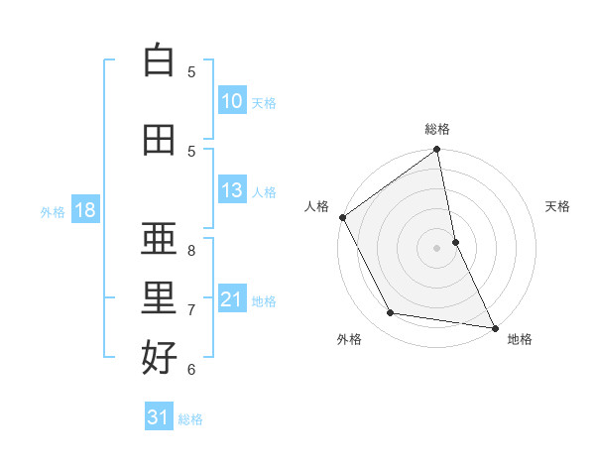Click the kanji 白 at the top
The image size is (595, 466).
pyautogui.click(x=159, y=60)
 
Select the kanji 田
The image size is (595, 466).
pyautogui.click(x=159, y=140)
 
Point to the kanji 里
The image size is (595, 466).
pyautogui.click(x=159, y=298)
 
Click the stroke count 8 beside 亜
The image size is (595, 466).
pyautogui.click(x=191, y=251)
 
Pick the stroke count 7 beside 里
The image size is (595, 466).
pyautogui.click(x=191, y=310)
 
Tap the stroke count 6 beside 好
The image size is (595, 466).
pyautogui.click(x=191, y=370)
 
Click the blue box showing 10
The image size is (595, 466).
pyautogui.click(x=232, y=101)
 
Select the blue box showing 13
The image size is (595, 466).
pyautogui.click(x=232, y=190)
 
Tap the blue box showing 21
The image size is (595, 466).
pyautogui.click(x=232, y=299)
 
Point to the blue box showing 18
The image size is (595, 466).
pyautogui.click(x=84, y=210)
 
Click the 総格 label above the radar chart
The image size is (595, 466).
pyautogui.click(x=437, y=129)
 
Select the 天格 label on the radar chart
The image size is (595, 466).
pyautogui.click(x=558, y=206)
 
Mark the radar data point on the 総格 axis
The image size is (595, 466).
pyautogui.click(x=437, y=151)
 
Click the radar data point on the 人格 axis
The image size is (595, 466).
pyautogui.click(x=342, y=217)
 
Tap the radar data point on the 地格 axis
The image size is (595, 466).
pyautogui.click(x=495, y=327)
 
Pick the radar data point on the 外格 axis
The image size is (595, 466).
pyautogui.click(x=391, y=313)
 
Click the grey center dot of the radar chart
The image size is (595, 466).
pyautogui.click(x=437, y=248)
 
